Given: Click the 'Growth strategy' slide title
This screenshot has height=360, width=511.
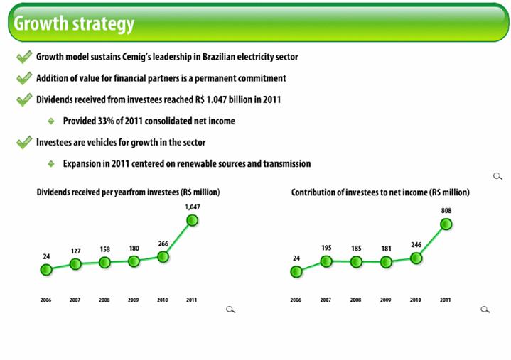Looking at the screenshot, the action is pos(74,23).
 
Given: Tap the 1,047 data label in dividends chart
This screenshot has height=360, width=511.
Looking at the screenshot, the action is pos(193,207).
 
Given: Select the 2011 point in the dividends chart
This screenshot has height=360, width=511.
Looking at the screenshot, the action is pos(193,221).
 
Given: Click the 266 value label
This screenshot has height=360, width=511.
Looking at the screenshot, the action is pos(163,244).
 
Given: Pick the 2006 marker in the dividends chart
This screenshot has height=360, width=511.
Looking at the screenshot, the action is pos(46,270).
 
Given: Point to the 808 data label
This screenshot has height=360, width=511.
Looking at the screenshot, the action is pos(446,211).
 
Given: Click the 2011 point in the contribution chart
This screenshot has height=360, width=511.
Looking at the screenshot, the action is pos(446,224).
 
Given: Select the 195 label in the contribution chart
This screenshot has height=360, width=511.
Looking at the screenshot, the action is pos(326,248).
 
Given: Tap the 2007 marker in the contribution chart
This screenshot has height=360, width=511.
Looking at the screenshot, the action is pos(326,261).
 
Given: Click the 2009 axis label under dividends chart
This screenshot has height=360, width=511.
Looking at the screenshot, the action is pos(134,300).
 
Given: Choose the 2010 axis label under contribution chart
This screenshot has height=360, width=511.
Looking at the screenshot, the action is pos(416,300).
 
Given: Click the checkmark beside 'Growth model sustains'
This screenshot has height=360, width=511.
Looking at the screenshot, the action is pos(24,57).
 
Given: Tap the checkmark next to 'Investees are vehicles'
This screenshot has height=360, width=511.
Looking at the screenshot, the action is pos(24,142).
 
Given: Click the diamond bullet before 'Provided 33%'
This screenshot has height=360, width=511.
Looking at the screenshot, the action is pos(51,121).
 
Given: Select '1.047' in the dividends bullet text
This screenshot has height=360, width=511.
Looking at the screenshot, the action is pos(216,99).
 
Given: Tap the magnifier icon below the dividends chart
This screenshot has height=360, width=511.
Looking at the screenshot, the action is pos(230,310).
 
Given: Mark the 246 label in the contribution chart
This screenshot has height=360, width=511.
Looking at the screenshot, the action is pos(416,245).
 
